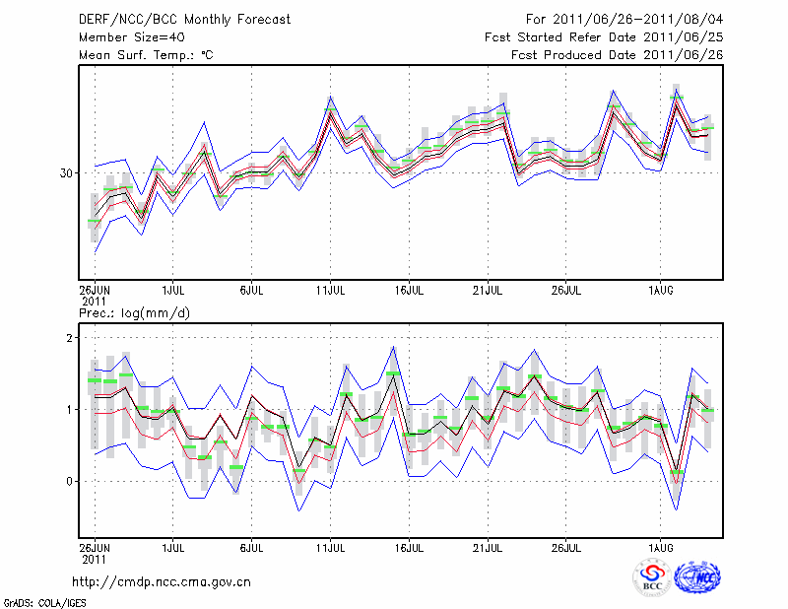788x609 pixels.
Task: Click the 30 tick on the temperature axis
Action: [66, 173]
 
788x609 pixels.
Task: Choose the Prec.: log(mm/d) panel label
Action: [134, 312]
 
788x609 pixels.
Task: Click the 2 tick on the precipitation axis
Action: [70, 338]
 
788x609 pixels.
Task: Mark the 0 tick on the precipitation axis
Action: [70, 482]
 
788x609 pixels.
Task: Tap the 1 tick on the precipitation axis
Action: [70, 410]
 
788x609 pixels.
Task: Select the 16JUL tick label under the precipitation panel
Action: [409, 546]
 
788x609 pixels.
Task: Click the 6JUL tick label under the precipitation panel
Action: [252, 546]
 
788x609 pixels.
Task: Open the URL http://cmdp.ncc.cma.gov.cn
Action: [161, 581]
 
